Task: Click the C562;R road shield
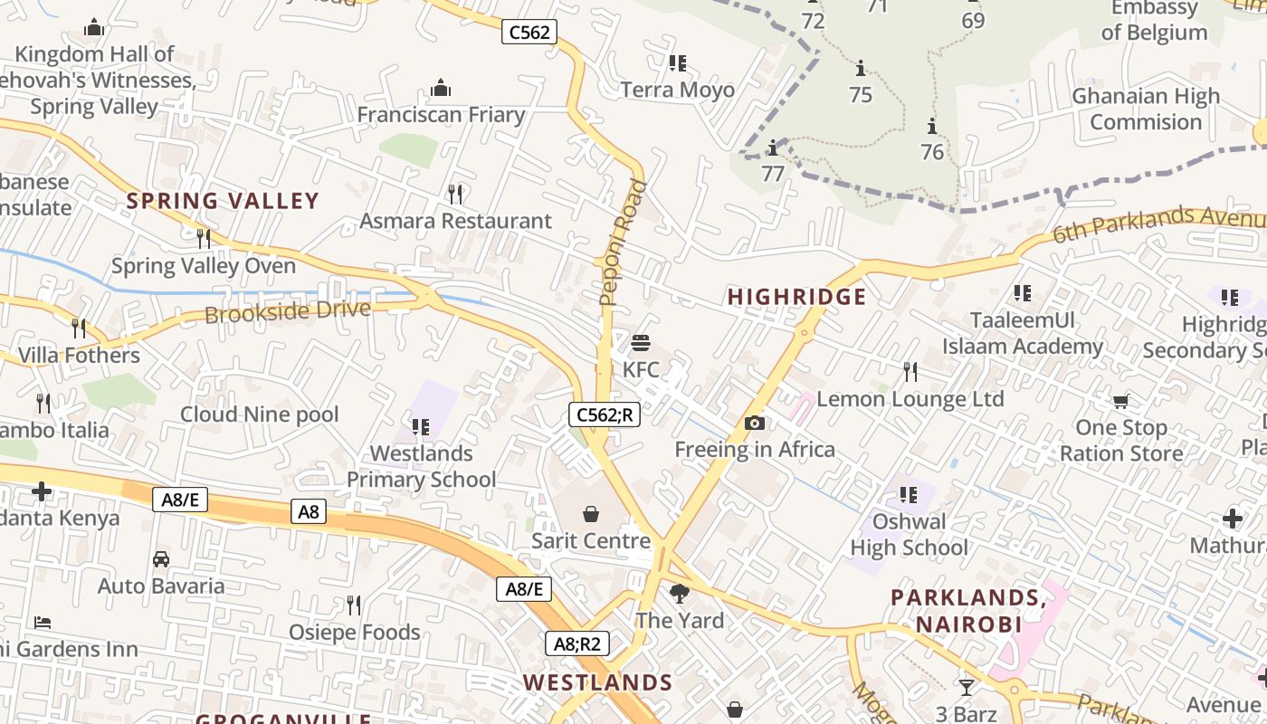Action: [605, 414]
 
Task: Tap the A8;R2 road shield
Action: [576, 643]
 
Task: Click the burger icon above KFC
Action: [641, 343]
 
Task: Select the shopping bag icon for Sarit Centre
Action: [591, 514]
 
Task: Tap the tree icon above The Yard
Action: [679, 594]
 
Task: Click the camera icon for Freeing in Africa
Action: [754, 423]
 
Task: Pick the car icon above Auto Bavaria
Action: [161, 559]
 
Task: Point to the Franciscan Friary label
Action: [441, 115]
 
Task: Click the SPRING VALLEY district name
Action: [223, 201]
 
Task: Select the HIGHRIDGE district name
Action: [797, 297]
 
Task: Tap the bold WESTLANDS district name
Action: [598, 682]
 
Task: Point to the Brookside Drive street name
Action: [288, 312]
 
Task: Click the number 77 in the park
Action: [773, 173]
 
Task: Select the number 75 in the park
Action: [861, 94]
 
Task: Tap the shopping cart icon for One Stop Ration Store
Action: [1120, 401]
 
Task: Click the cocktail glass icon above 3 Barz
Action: [967, 687]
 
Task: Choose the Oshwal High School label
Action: [909, 535]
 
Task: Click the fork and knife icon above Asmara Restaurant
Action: [456, 194]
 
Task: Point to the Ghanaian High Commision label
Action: [1145, 109]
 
